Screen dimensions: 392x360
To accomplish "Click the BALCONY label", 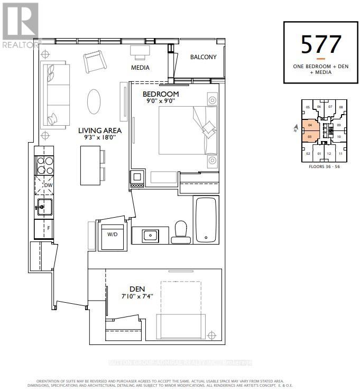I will [203, 57].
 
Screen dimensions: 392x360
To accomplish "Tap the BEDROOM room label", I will [161, 94].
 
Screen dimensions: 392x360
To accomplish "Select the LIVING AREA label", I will [100, 130].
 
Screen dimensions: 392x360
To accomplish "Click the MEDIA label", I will [140, 68].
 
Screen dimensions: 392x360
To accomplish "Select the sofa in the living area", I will [55, 94].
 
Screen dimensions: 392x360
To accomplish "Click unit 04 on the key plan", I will [310, 126].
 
